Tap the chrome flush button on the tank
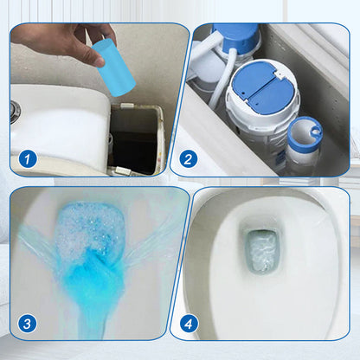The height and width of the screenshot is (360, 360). click(x=15, y=112)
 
